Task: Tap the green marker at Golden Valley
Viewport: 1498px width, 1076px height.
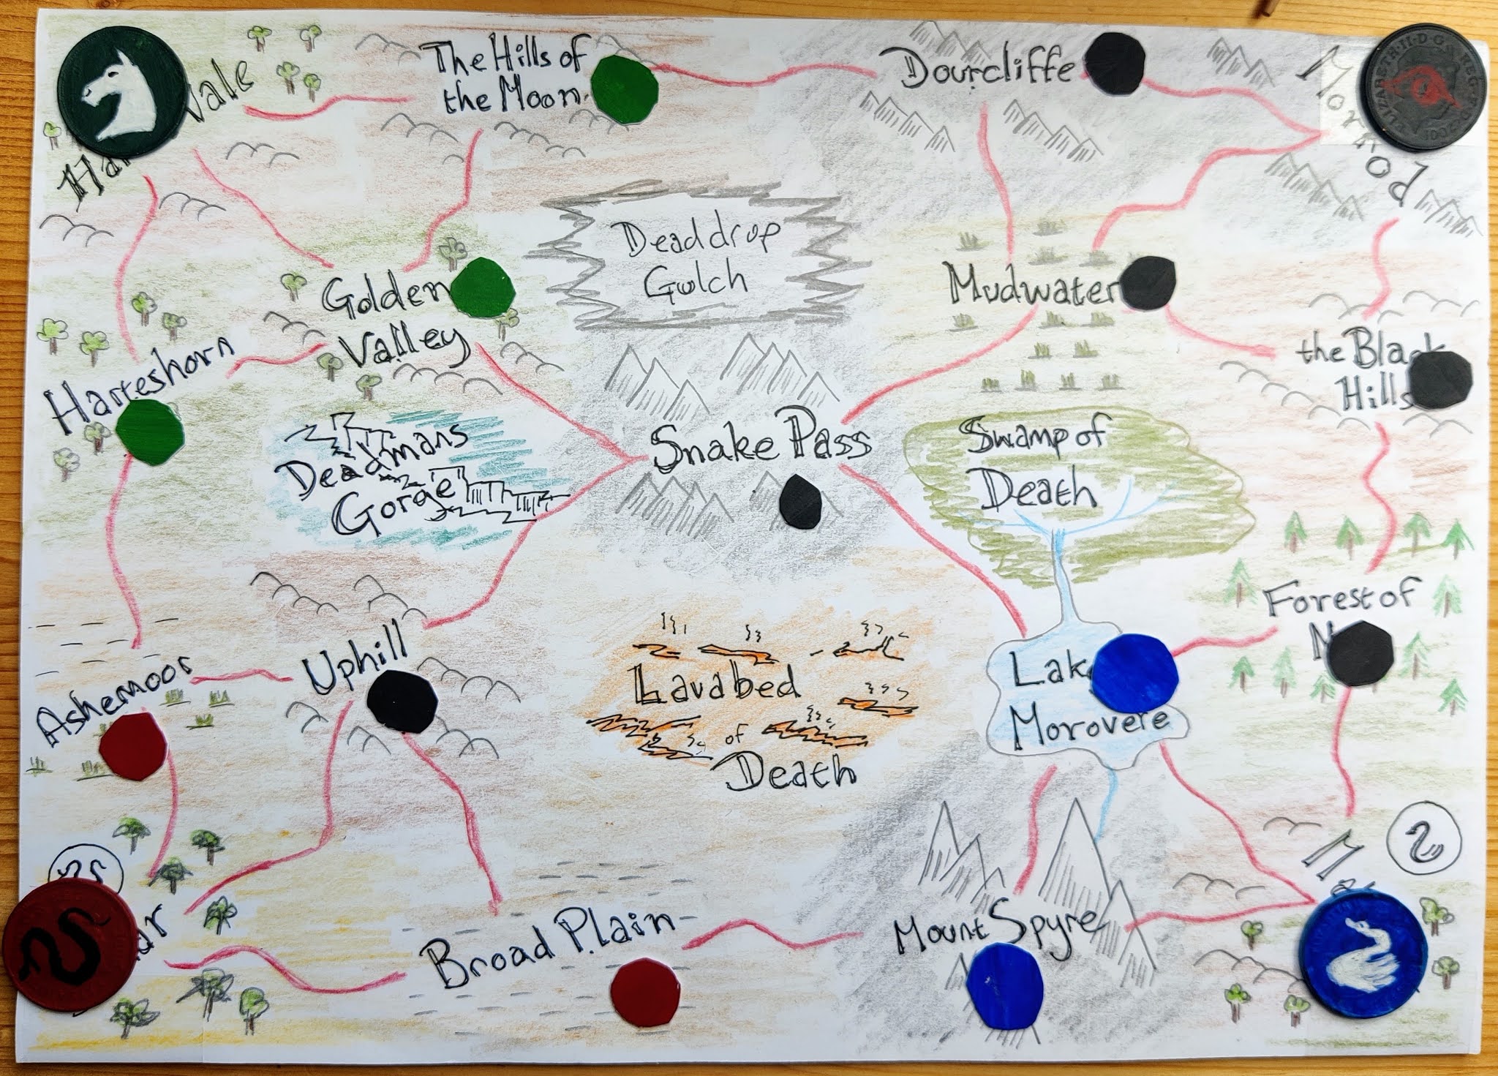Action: pos(482,292)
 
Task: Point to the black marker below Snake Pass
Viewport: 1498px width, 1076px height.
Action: pos(800,500)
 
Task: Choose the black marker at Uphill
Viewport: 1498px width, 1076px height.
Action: pos(402,701)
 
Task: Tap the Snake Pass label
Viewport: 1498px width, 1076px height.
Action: pos(761,445)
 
